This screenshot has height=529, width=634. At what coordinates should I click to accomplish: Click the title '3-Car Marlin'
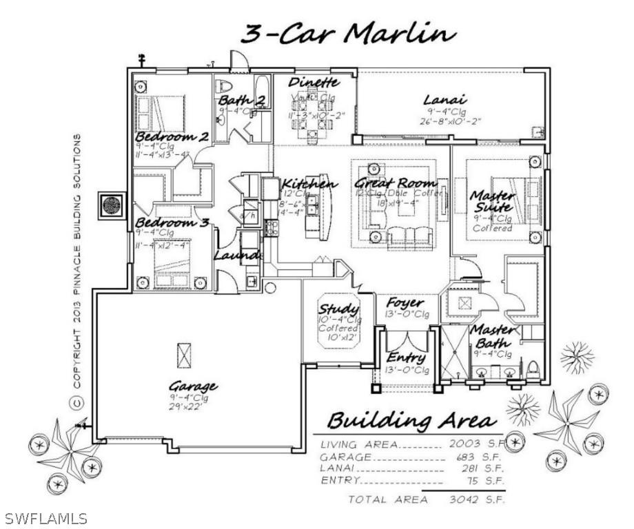click(x=347, y=34)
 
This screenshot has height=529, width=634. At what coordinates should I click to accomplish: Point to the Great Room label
click(x=396, y=183)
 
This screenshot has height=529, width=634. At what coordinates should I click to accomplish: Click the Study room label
click(x=338, y=309)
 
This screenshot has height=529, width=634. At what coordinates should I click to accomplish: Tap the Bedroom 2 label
click(x=172, y=136)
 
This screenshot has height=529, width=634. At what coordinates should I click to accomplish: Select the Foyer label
click(x=405, y=303)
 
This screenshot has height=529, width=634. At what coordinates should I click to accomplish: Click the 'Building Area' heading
click(x=410, y=420)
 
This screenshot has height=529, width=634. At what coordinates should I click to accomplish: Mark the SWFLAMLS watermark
click(x=45, y=517)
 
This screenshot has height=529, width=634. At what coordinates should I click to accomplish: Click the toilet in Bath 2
click(x=223, y=88)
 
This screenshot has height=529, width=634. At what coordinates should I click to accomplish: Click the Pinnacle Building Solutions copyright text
click(x=77, y=269)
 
